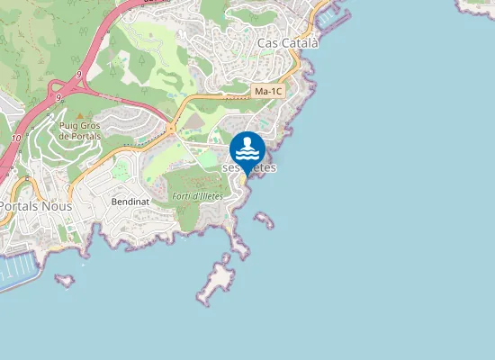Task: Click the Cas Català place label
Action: click(x=288, y=42)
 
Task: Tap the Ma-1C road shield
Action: click(x=267, y=92)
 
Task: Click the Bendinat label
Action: click(x=130, y=202)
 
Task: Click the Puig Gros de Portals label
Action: click(x=78, y=130)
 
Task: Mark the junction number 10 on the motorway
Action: click(x=17, y=138)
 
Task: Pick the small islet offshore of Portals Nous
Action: click(x=65, y=280)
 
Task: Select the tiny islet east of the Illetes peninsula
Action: click(x=264, y=219)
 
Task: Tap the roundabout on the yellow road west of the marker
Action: click(x=171, y=129)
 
